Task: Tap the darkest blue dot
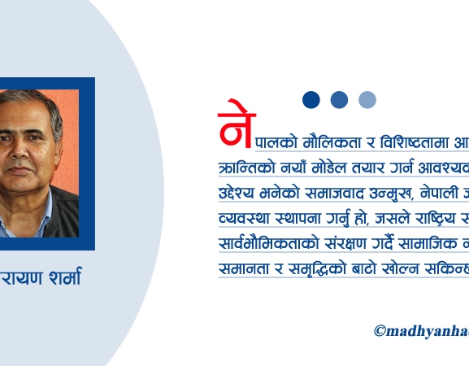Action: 311,99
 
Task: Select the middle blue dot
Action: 340,99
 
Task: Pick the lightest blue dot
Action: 367,99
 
